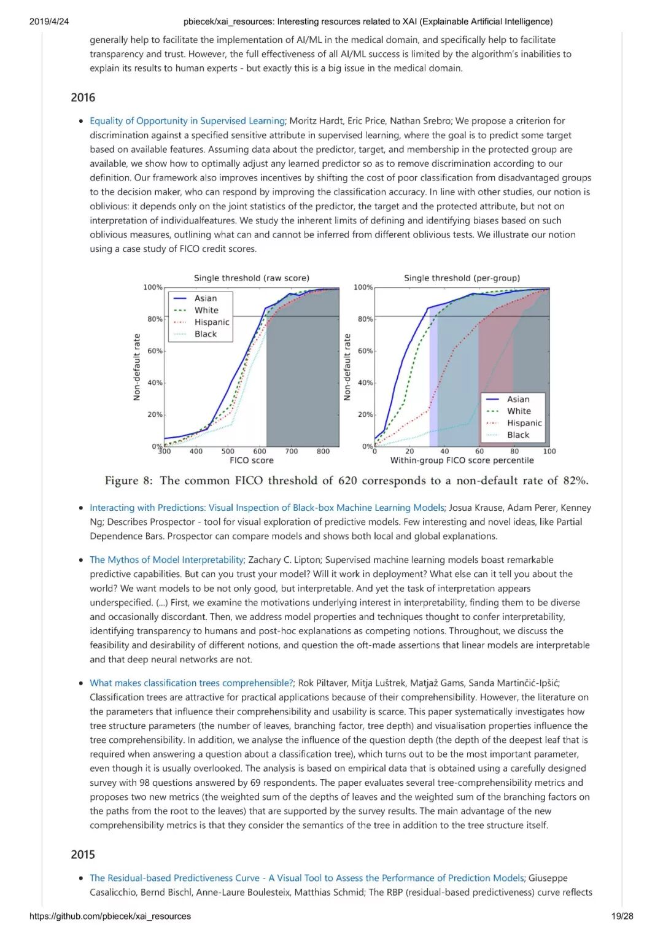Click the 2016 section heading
coord(83,98)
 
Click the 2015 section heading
coord(83,855)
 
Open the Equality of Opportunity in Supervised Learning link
coord(187,121)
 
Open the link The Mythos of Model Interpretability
coord(167,560)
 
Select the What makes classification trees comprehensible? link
coord(192,683)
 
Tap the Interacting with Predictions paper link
coord(266,508)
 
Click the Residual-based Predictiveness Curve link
coord(307,878)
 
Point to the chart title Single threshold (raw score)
coord(252,278)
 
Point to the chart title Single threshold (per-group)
coord(462,278)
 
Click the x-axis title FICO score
coord(252,460)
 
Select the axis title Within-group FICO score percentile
coord(462,460)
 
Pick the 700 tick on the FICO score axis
coord(292,451)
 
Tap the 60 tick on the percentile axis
coord(479,451)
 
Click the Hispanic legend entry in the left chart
coord(212,322)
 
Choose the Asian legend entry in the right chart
coord(518,399)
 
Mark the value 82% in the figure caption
coord(574,481)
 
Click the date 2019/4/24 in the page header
coord(49,21)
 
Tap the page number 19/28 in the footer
coord(622,917)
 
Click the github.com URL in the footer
coord(110,917)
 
